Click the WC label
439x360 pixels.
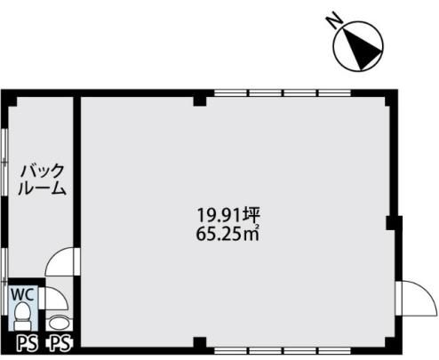[x=24, y=294]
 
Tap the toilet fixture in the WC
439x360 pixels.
[x=23, y=316]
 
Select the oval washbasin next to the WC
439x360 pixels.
[x=59, y=323]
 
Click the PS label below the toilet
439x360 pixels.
[x=27, y=343]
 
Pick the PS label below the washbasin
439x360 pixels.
[x=60, y=343]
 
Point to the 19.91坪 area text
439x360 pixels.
[x=228, y=215]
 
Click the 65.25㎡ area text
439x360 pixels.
[x=227, y=235]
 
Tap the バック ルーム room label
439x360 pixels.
[x=42, y=180]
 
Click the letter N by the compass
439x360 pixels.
[x=334, y=20]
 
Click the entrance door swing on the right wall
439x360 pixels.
[x=417, y=298]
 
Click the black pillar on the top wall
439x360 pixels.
[x=200, y=100]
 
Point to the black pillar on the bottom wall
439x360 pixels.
[x=200, y=343]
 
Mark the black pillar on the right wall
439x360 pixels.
[x=391, y=223]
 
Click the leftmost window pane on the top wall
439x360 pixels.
[x=230, y=93]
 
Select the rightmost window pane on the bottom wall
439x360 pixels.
[x=334, y=351]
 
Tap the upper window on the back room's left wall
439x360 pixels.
[x=4, y=162]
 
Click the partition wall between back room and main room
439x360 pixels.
[x=77, y=172]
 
